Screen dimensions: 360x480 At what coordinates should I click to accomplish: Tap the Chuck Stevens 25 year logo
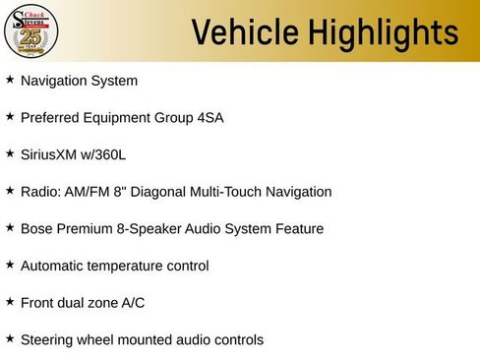[31, 31]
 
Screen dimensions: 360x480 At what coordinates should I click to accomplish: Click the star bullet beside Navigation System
[10, 80]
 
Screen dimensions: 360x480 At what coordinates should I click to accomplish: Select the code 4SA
[208, 118]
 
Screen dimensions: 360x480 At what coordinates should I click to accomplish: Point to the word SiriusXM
[49, 154]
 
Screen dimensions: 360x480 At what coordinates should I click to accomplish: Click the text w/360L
[107, 154]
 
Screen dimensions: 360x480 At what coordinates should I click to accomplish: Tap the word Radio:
[40, 192]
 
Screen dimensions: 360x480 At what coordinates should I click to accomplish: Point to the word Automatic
[52, 266]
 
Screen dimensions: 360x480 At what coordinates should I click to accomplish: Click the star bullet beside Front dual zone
[10, 302]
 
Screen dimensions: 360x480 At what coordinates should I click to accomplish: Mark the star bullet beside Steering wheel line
[10, 339]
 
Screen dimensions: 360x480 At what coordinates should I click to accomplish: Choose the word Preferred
[50, 118]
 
